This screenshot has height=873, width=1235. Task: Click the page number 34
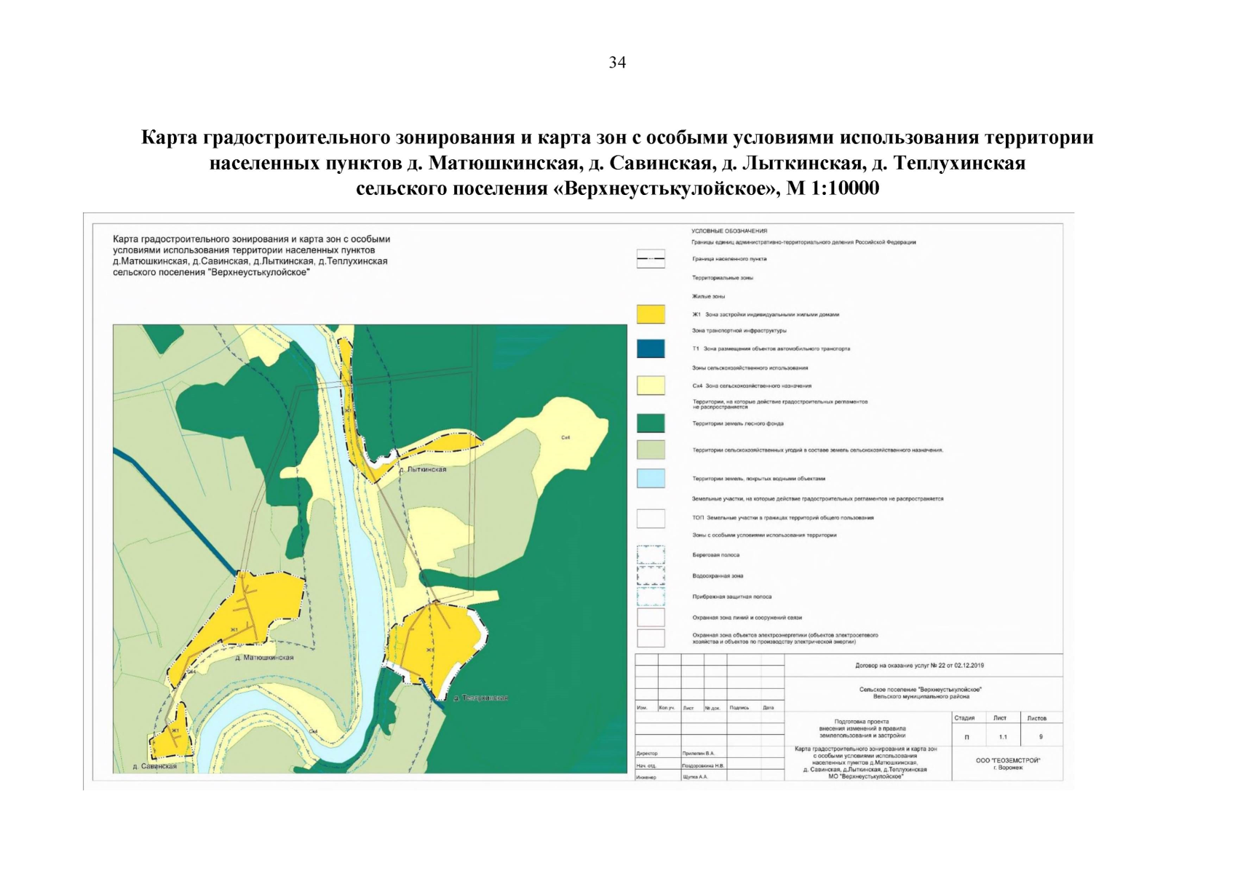pos(617,63)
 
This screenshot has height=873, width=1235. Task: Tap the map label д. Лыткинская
pos(423,470)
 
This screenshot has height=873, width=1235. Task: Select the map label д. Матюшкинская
pos(265,658)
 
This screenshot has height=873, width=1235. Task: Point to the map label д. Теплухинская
pos(480,698)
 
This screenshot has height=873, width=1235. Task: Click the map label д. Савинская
pos(155,766)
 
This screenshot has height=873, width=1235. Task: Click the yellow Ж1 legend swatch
pos(651,314)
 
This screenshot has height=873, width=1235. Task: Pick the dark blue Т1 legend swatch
pos(651,348)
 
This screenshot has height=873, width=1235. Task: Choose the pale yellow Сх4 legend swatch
pos(651,386)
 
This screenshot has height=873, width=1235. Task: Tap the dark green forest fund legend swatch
pos(651,423)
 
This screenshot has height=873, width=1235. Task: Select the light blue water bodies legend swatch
pos(651,478)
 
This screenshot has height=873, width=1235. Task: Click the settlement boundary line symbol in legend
pos(651,259)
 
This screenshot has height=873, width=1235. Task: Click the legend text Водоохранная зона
pos(718,576)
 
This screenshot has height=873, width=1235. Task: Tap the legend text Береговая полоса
pos(715,555)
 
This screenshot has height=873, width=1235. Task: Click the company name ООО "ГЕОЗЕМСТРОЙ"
pos(1008,760)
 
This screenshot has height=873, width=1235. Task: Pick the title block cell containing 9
pos(1041,737)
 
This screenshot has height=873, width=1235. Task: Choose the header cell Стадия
pos(964,718)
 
